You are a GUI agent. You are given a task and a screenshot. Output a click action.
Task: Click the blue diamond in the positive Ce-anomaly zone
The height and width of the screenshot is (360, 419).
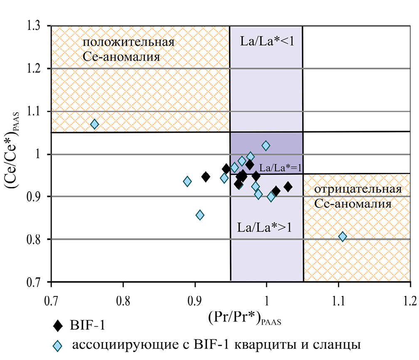coord(95,124)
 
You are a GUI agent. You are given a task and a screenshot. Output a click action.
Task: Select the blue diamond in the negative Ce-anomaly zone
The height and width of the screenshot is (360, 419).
coord(343,237)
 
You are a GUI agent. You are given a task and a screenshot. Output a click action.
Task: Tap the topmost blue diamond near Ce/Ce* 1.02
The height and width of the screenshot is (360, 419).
coord(266,145)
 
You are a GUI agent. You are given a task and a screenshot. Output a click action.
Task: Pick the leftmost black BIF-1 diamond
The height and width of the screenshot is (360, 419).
coord(205,177)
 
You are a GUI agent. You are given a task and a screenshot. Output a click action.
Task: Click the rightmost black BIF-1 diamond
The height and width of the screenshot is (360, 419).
coord(288,187)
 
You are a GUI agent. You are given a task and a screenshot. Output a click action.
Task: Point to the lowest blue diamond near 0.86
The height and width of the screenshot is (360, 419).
coord(200,215)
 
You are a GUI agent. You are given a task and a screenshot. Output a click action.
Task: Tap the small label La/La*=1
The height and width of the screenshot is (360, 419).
coord(280,168)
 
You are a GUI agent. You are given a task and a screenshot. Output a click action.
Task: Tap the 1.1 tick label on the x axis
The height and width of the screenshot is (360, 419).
coord(339,300)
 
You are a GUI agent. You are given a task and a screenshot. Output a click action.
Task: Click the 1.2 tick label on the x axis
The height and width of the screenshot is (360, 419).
coord(410,300)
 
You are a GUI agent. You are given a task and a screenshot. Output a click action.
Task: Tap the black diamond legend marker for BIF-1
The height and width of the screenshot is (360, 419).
coord(59,326)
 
